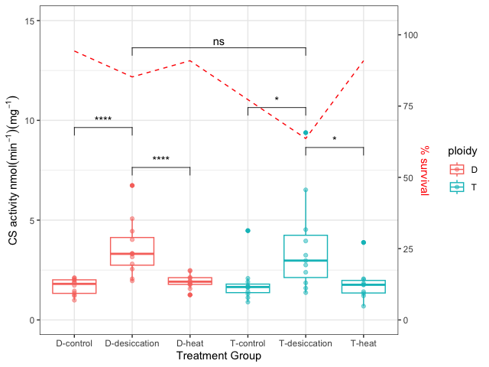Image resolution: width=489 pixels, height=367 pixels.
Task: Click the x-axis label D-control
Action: click(74, 343)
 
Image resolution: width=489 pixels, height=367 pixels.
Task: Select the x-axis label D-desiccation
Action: click(132, 343)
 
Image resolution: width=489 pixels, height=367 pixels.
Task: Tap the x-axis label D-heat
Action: click(189, 343)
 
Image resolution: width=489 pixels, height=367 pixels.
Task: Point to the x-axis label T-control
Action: click(248, 343)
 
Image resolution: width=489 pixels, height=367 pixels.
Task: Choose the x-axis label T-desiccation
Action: click(306, 343)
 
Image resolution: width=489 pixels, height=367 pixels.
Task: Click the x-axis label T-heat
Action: click(363, 343)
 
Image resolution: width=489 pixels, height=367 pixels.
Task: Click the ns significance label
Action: click(219, 42)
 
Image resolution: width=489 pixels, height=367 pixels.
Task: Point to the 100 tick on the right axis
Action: click(412, 35)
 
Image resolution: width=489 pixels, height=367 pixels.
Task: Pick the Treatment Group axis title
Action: click(219, 356)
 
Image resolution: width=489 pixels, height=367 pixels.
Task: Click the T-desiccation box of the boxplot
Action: click(306, 256)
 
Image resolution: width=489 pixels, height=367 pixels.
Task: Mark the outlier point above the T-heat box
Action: click(363, 242)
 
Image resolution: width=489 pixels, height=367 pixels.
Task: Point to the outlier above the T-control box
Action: click(248, 230)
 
